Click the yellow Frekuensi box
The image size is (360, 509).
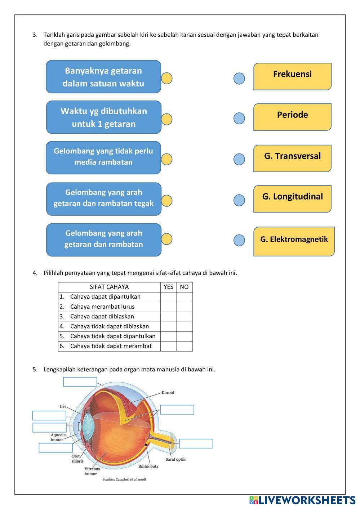[x=292, y=76]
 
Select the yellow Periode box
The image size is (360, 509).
[x=292, y=117]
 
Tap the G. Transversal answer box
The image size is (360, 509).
[x=292, y=158]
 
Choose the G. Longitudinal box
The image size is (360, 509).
[x=292, y=198]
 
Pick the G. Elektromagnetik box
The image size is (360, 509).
[x=294, y=241]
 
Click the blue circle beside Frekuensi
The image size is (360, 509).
[x=239, y=78]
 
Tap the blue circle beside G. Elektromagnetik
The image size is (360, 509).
[x=239, y=240]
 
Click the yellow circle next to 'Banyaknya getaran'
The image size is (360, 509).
[x=166, y=78]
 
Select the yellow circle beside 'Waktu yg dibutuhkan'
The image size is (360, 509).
[x=166, y=119]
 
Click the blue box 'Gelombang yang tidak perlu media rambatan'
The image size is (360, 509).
[x=103, y=157]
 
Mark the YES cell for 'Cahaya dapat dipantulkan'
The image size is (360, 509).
[x=168, y=297]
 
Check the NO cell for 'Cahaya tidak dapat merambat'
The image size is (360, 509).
[x=184, y=346]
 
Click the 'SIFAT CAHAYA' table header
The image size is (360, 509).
[x=109, y=287]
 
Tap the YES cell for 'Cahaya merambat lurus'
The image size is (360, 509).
[x=168, y=307]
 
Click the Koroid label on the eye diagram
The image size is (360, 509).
[x=168, y=392]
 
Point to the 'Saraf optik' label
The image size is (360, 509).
[x=175, y=459]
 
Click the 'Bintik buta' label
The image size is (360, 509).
[x=148, y=466]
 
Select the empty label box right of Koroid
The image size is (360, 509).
[x=177, y=410]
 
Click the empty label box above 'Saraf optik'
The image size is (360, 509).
[x=196, y=443]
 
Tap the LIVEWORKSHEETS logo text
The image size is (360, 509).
[x=306, y=500]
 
